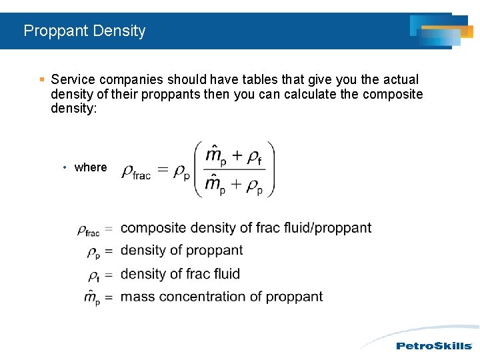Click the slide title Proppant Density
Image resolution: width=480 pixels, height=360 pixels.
tap(84, 31)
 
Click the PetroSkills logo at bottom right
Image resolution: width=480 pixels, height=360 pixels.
tap(433, 346)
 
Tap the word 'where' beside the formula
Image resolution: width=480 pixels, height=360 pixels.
tap(91, 167)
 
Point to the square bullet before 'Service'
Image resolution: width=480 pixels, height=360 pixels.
tap(42, 79)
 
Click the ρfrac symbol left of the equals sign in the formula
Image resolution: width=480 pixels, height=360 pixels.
tap(136, 173)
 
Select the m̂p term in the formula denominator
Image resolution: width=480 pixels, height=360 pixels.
tap(215, 185)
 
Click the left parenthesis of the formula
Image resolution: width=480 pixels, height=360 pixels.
tap(199, 169)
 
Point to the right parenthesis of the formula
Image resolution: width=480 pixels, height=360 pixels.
tap(270, 169)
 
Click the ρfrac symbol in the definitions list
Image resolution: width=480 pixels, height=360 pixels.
tap(88, 231)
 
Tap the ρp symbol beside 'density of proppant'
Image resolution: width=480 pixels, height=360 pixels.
tap(93, 253)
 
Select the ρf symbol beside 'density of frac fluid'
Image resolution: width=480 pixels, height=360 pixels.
tap(93, 275)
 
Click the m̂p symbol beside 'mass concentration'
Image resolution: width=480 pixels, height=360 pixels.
tap(92, 297)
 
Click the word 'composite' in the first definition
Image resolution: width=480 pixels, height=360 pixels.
tap(153, 228)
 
